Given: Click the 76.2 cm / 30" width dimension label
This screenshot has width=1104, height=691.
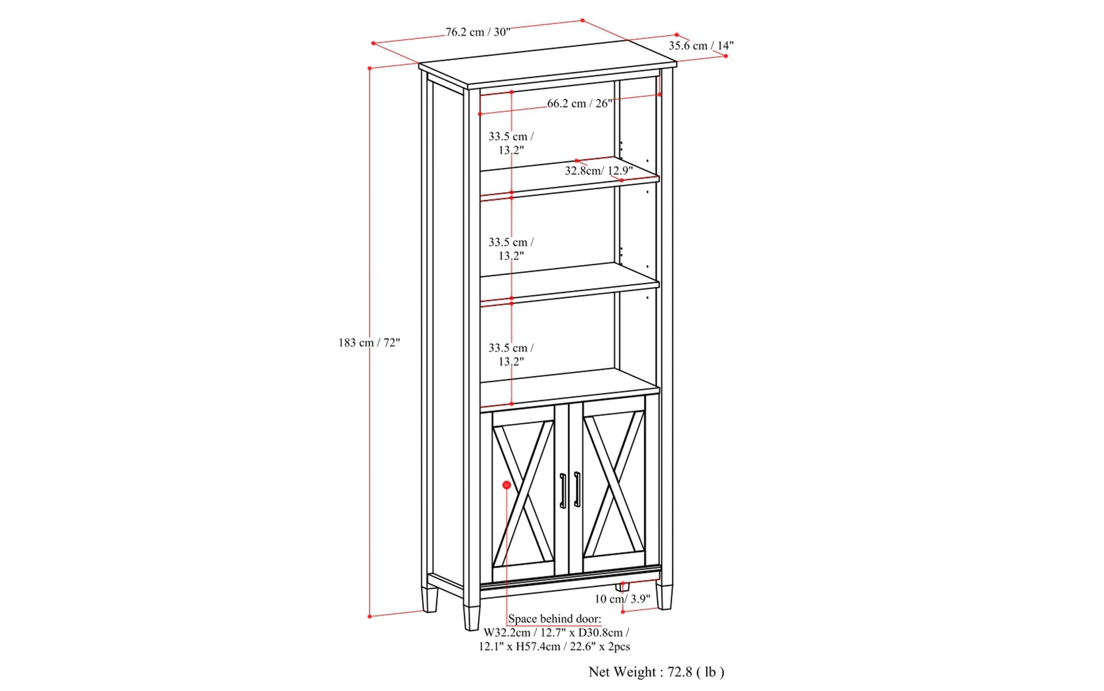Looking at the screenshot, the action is pos(478,32).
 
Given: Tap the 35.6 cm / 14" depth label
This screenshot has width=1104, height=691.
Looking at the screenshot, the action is pos(701,46).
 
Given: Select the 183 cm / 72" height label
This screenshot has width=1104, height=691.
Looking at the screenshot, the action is pos(369,342).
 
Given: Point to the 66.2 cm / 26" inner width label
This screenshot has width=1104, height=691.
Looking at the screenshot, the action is pos(579,104).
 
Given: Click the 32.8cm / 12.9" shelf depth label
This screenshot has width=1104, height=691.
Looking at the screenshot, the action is pos(599,171).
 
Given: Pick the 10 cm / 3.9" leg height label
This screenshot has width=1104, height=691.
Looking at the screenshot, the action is pos(622,599).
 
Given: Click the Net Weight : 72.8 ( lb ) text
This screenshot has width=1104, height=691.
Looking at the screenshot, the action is pos(657,672).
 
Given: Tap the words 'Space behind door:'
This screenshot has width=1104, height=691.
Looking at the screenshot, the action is pos(554,619).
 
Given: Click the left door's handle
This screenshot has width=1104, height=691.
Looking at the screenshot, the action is pos(563,491).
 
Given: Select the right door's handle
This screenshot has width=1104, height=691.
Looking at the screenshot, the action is pos(577,489).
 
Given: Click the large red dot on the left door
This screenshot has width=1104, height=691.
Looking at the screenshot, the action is pos(507,485).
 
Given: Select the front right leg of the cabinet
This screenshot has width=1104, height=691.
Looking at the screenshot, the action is pos(664,597).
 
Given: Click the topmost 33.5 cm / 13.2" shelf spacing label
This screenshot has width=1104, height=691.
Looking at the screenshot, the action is pos(511,143).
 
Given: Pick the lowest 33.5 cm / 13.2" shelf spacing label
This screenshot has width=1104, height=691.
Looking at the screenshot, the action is pos(511,355).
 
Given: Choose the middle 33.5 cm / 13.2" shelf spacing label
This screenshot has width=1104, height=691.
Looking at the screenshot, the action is pos(511,249).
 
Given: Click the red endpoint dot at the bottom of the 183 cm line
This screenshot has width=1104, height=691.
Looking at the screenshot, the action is pos(369,617).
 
